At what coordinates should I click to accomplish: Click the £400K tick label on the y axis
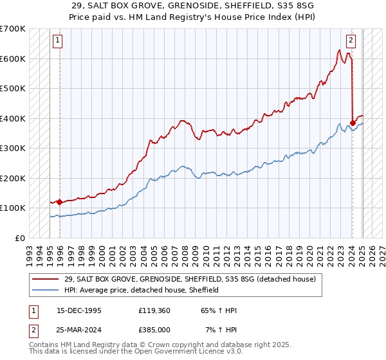click(12, 118)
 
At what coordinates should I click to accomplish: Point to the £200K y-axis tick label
click(12, 178)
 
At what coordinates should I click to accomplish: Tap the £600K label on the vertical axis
click(12, 59)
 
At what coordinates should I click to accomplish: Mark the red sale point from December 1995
click(60, 202)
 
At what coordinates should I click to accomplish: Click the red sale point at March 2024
click(353, 123)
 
